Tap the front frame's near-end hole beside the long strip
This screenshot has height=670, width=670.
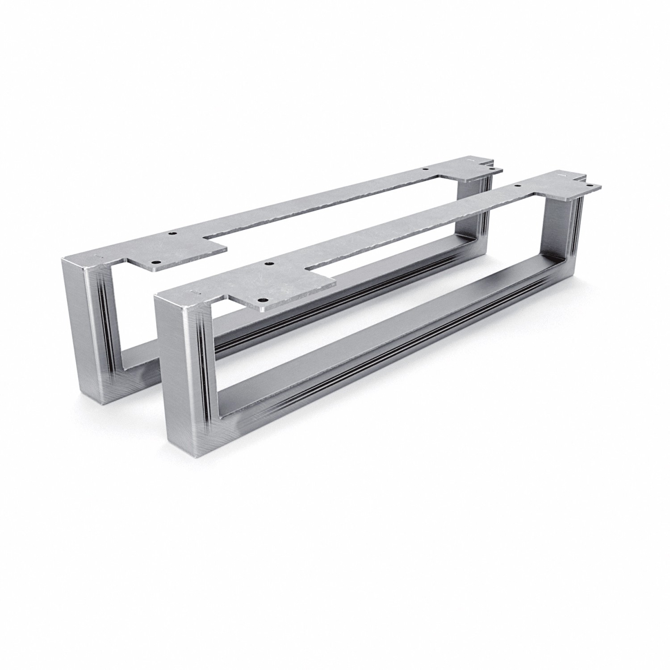click(x=268, y=264)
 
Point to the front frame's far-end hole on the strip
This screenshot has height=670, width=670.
click(x=518, y=185)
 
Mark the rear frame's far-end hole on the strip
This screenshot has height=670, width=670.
click(x=425, y=170)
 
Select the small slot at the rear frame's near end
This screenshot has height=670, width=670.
click(x=97, y=255)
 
